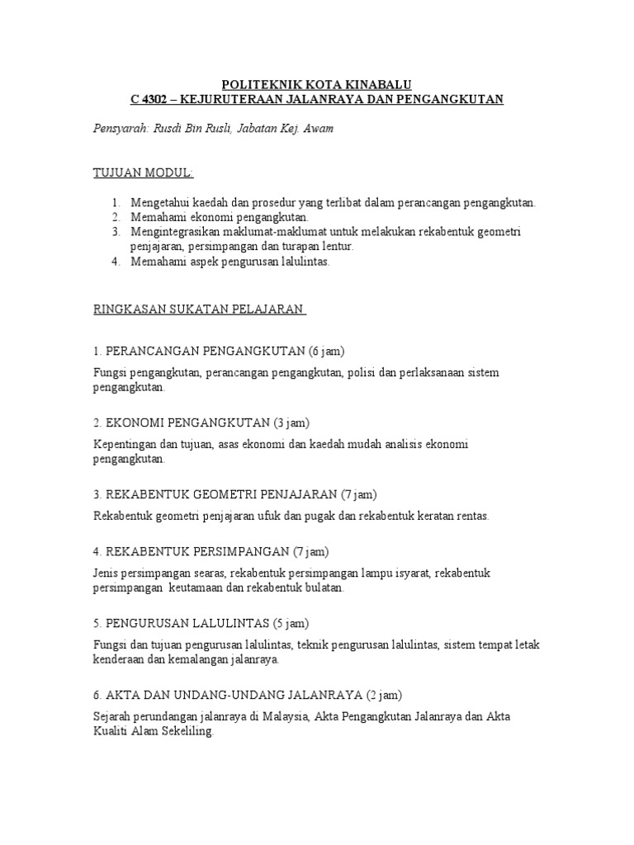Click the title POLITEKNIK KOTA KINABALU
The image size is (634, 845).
(317, 84)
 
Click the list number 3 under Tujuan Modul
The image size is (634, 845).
(116, 232)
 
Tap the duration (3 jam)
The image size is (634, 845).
(291, 422)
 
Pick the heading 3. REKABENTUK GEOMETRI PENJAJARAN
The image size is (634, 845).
(215, 495)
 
